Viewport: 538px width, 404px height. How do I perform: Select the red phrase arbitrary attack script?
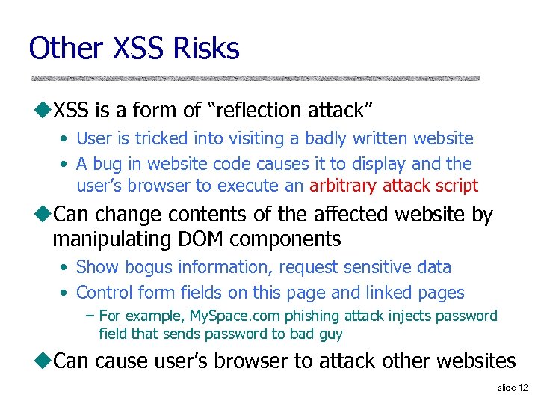pyautogui.click(x=394, y=186)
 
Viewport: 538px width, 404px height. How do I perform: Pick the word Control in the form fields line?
pyautogui.click(x=104, y=293)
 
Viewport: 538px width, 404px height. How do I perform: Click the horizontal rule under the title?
pyautogui.click(x=255, y=78)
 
